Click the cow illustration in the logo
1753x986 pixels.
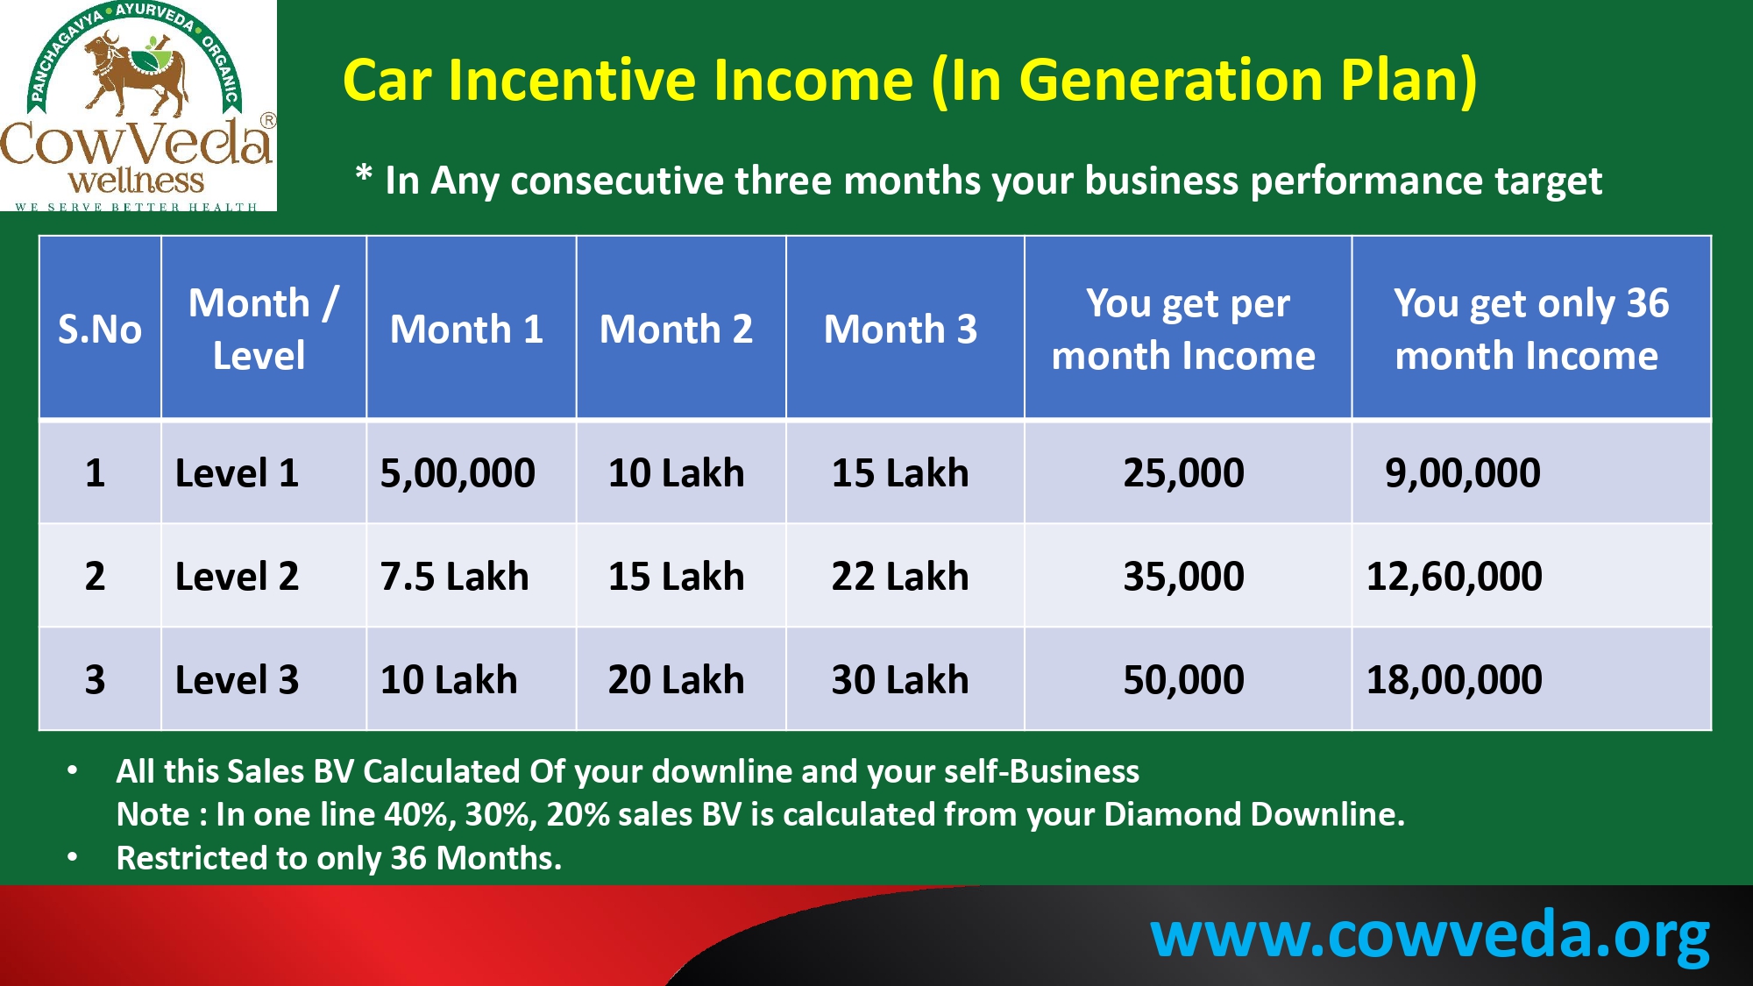(136, 74)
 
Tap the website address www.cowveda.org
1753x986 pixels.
(1430, 936)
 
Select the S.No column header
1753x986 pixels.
(99, 330)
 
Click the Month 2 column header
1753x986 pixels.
(676, 330)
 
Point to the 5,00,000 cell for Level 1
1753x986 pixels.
(458, 473)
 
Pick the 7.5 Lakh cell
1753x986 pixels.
(454, 577)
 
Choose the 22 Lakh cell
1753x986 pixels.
(900, 577)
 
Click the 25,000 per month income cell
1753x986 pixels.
(1184, 473)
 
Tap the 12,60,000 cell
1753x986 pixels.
(1454, 577)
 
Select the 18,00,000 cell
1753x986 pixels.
(1454, 680)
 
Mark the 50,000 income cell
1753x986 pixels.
(1184, 680)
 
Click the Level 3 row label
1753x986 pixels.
(237, 680)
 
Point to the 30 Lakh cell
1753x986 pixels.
(900, 680)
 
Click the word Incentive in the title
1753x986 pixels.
(681, 81)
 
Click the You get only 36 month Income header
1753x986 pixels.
(1530, 330)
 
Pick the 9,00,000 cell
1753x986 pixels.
(1462, 473)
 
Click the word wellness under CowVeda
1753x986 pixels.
(136, 181)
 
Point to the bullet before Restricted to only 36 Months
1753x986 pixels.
(73, 857)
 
